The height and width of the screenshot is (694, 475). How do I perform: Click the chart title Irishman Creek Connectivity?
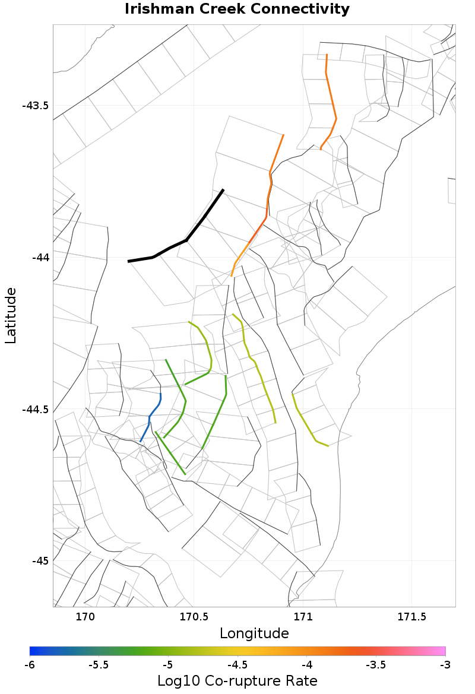[237, 9]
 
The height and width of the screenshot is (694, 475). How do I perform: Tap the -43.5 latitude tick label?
[35, 106]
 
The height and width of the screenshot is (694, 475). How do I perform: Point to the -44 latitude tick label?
[40, 258]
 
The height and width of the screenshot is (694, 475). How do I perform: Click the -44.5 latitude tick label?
[35, 410]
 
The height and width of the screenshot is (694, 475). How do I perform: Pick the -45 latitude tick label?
[40, 561]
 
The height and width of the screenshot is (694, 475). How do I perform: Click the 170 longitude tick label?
[85, 616]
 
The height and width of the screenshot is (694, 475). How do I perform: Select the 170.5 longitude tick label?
[194, 616]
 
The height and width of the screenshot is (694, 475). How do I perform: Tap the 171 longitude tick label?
[303, 616]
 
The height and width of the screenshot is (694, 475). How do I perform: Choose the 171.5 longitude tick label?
[411, 616]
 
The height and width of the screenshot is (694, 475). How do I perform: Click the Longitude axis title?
[254, 633]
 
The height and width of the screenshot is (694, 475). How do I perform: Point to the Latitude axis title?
[11, 315]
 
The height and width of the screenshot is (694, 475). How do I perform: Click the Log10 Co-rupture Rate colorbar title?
[237, 680]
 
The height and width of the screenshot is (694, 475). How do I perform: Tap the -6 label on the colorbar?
[30, 664]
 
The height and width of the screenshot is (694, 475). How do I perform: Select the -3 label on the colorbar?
[445, 664]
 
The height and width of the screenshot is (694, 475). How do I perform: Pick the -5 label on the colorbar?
[168, 664]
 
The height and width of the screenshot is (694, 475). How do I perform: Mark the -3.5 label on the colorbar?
[376, 664]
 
